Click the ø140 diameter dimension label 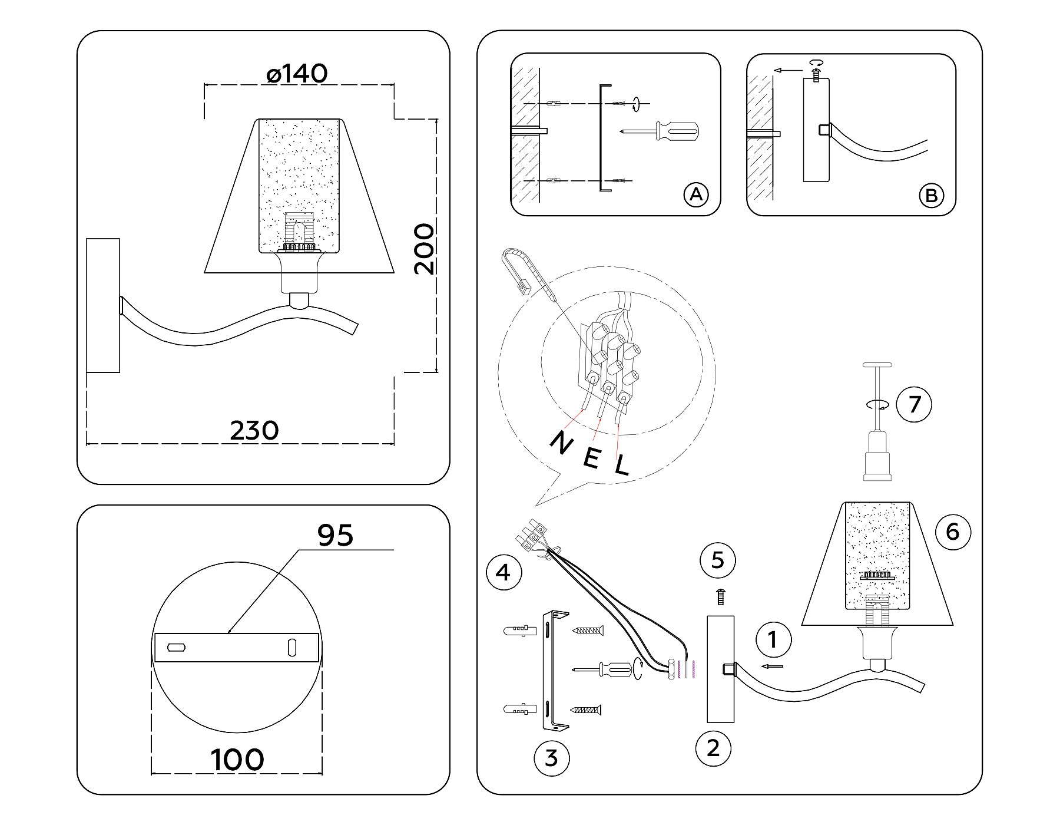(x=297, y=74)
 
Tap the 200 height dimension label (x=424, y=249)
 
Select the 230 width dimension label (x=254, y=431)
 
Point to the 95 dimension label (x=335, y=535)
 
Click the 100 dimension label (x=237, y=760)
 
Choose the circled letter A (x=696, y=194)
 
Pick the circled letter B (x=931, y=195)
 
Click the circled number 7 (x=914, y=405)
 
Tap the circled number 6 (x=952, y=532)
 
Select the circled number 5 (x=717, y=559)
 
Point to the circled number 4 (x=503, y=572)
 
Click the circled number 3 (x=551, y=757)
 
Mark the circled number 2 (x=713, y=748)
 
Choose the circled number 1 (x=773, y=639)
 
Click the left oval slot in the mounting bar (x=177, y=647)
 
